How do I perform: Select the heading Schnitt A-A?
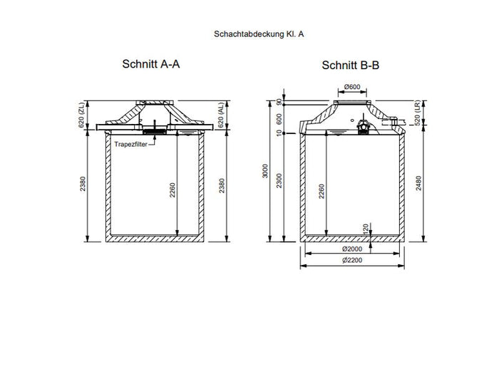click(x=151, y=64)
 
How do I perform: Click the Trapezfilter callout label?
click(x=130, y=143)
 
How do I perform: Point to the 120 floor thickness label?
click(x=365, y=229)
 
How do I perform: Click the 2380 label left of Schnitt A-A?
click(x=83, y=185)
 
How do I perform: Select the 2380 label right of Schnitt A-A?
click(x=223, y=185)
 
